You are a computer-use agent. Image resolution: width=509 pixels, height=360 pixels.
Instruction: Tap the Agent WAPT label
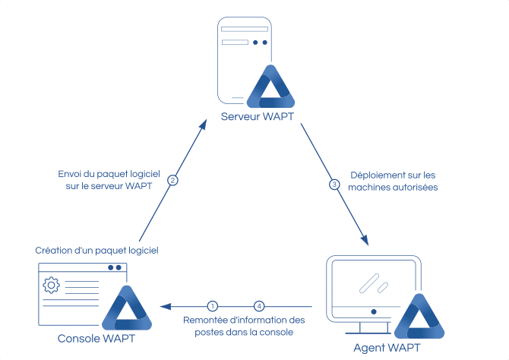(387, 348)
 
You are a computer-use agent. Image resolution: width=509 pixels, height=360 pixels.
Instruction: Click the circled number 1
(213, 305)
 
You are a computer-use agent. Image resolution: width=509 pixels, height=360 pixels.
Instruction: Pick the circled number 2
(172, 180)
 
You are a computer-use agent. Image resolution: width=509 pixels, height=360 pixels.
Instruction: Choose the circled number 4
(259, 305)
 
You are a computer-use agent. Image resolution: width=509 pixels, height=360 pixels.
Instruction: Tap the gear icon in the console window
(52, 286)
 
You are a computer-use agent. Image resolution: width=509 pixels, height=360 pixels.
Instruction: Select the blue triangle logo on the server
(271, 88)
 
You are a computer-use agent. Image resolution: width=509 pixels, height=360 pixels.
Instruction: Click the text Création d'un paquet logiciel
(96, 250)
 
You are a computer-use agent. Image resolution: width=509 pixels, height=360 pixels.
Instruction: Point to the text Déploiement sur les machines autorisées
(393, 179)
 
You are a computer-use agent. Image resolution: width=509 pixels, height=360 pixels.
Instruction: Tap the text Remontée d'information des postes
(243, 325)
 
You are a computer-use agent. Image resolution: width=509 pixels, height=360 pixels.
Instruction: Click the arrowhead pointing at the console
(165, 305)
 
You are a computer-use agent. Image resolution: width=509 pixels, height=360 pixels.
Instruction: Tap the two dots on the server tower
(260, 43)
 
